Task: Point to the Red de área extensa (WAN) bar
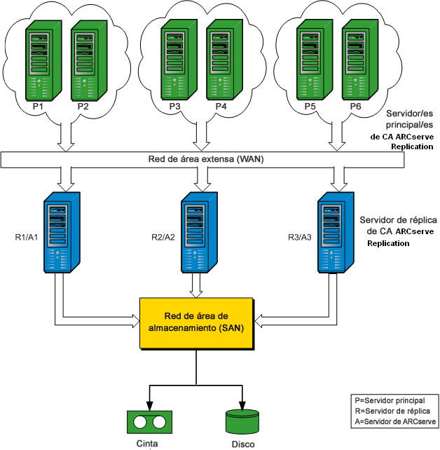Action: coord(203,160)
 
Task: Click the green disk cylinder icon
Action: coord(242,421)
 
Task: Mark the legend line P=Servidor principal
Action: coord(394,399)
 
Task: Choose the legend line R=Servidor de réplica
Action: coord(394,410)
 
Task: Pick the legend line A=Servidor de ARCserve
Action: coord(395,421)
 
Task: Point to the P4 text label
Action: coord(221,107)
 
